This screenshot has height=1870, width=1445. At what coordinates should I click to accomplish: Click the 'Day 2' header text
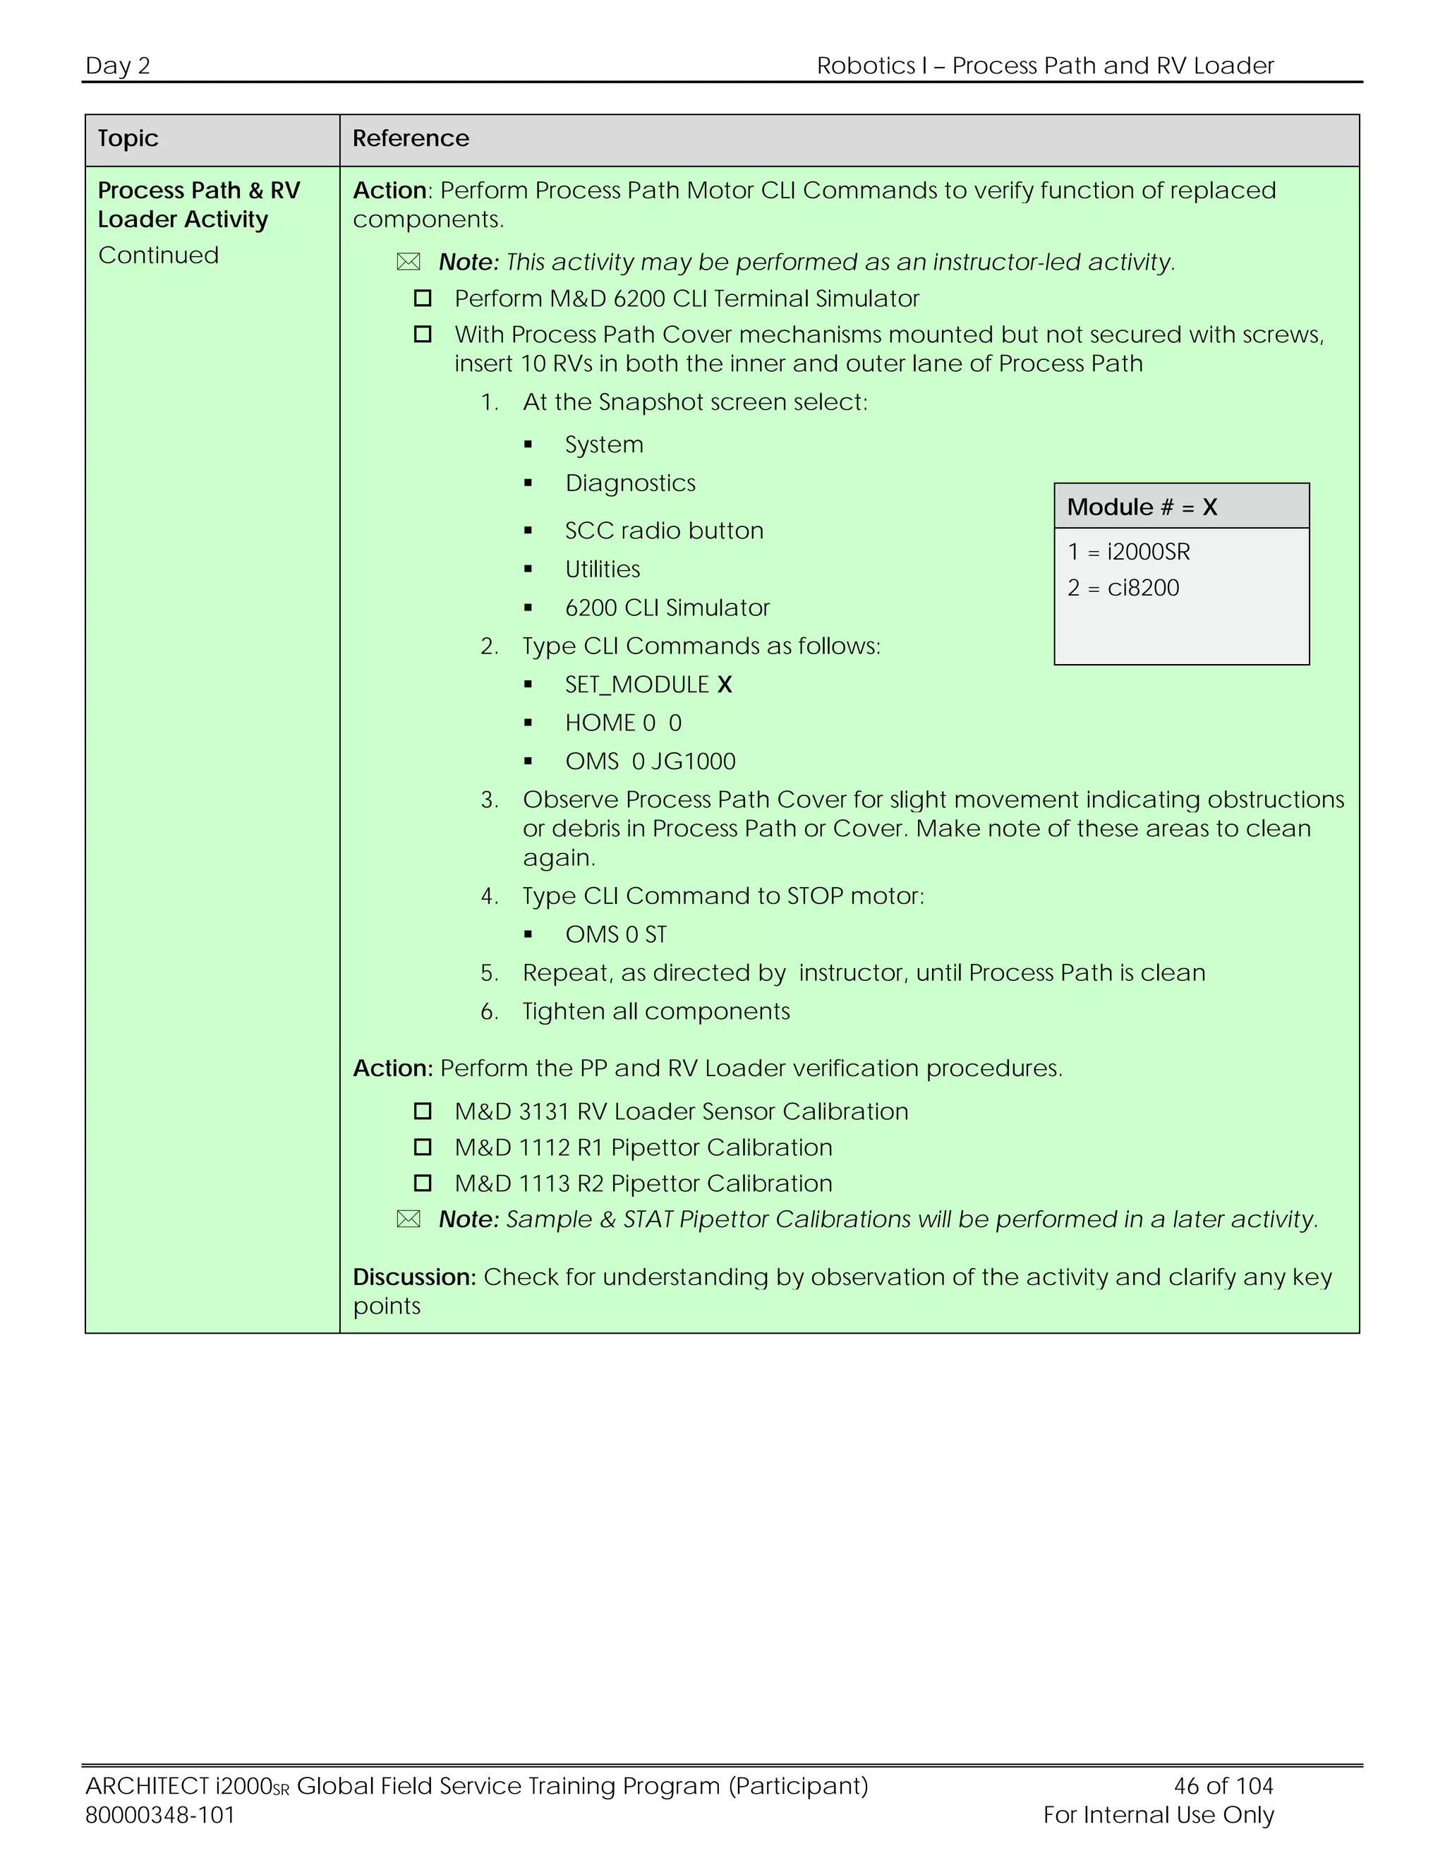(x=117, y=65)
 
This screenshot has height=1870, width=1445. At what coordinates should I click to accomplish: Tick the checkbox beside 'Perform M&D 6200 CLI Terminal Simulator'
(x=422, y=298)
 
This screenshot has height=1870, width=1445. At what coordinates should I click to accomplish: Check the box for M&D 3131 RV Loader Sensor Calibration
(x=422, y=1111)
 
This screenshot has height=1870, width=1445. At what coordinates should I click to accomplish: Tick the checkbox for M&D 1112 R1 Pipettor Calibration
(x=422, y=1147)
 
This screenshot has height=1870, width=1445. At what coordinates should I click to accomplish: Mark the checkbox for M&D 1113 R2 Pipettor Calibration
(x=422, y=1183)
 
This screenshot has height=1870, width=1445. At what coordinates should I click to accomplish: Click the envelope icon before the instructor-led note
(x=409, y=262)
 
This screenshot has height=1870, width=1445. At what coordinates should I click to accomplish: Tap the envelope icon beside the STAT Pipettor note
(x=409, y=1219)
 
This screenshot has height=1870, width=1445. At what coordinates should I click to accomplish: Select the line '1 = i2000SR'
(x=1128, y=551)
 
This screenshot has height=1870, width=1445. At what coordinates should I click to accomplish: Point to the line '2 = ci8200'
(x=1123, y=587)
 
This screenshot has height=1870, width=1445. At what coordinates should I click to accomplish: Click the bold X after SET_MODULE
(x=724, y=684)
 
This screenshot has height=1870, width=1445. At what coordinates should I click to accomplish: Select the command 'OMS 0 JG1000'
(x=650, y=761)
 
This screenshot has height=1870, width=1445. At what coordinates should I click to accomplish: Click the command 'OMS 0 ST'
(x=615, y=934)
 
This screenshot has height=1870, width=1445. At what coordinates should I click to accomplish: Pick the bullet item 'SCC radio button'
(x=663, y=530)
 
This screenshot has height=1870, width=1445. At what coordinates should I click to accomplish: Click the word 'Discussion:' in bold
(x=414, y=1277)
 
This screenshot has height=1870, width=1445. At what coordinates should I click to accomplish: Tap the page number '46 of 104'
(x=1223, y=1785)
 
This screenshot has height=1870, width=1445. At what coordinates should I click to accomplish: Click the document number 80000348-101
(x=160, y=1814)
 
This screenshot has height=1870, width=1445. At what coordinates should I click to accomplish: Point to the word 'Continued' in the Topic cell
(x=158, y=255)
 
